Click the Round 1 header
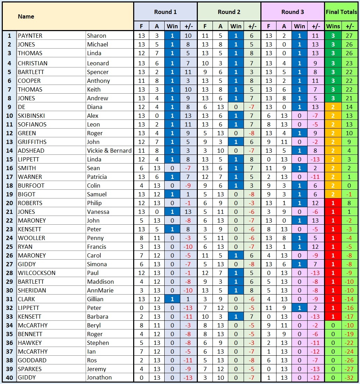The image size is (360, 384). point(165,12)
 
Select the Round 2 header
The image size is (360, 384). point(229,12)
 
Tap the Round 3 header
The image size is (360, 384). point(293,12)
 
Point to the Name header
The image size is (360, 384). point(26,16)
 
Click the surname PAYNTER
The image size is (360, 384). point(30,36)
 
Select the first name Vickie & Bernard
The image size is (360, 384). point(109,151)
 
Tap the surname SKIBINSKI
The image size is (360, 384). point(31,116)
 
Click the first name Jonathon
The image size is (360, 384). point(99,377)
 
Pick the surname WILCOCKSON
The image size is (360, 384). point(37,273)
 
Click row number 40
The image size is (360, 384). point(9,377)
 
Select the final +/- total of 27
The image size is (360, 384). point(349,36)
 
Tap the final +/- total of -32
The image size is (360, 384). point(349,377)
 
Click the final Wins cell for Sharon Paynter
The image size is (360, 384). point(333,36)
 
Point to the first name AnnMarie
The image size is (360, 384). point(99,290)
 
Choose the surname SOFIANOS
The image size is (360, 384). point(32,124)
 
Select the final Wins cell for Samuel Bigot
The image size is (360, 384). point(333,194)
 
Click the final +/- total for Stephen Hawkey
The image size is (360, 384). point(349,343)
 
